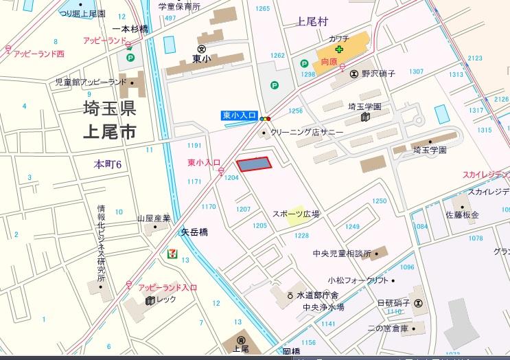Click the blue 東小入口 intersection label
[239, 116]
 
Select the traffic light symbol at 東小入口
[266, 120]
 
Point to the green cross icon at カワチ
[338, 50]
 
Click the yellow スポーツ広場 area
[296, 214]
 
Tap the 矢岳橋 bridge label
[194, 232]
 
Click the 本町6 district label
[108, 164]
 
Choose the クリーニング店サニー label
[307, 132]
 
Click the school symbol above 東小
[202, 49]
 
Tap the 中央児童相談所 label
[341, 254]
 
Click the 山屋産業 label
[153, 218]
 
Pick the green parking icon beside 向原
[304, 63]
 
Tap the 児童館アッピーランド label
[91, 82]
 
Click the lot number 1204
[231, 177]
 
